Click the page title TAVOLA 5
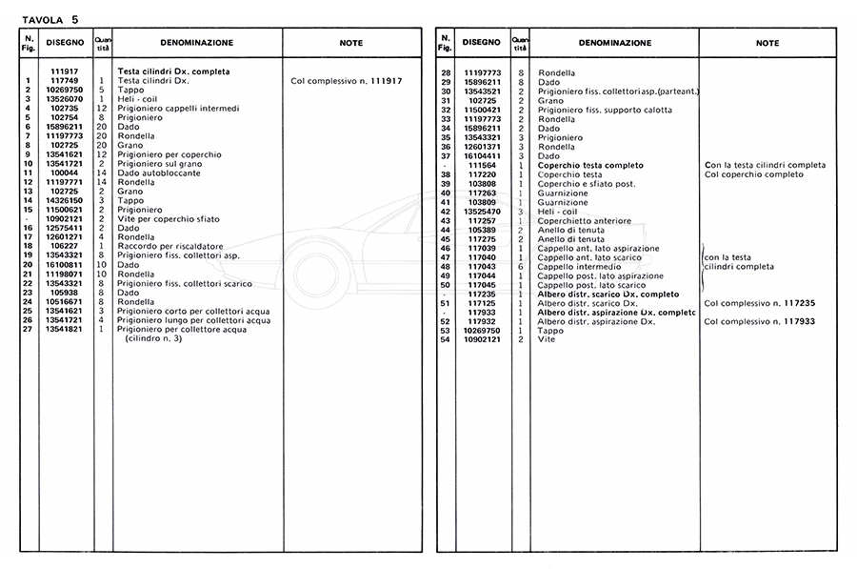50,18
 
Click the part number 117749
64,81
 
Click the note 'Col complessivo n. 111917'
346,81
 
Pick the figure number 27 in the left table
30,330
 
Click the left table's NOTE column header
351,43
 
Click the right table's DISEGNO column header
481,43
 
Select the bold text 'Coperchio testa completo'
590,166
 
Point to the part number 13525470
482,211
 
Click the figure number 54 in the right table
445,339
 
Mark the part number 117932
482,321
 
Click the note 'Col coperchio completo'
754,174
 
